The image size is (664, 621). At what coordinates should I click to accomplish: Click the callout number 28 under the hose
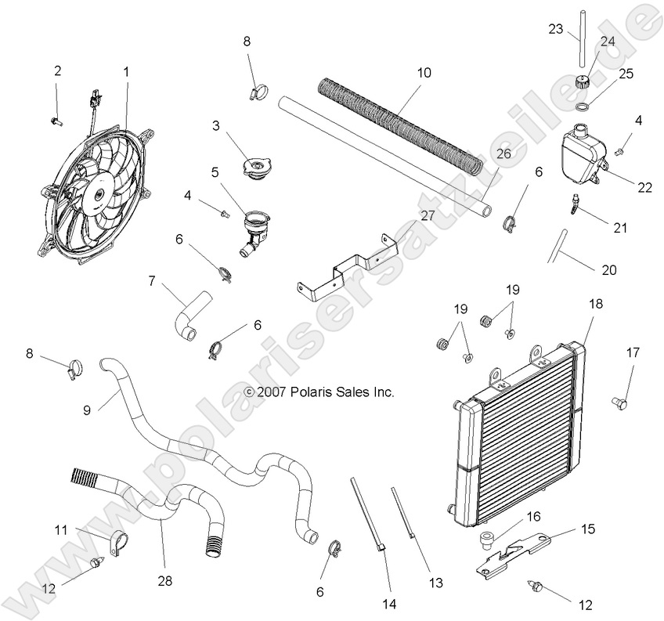tap(164, 581)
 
